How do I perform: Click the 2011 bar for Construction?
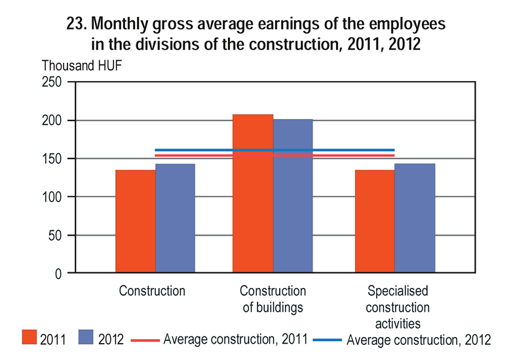point(136,221)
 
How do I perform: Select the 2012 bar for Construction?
point(175,219)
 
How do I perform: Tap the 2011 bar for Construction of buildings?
point(253,194)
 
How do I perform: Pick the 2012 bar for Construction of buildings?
point(293,196)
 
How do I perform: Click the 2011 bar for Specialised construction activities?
point(375,221)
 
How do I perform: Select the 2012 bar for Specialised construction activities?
point(415,219)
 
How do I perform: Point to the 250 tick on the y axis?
point(51,82)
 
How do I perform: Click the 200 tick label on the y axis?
point(51,120)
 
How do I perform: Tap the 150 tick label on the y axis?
point(51,158)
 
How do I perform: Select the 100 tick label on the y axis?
point(51,197)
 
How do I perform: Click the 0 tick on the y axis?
point(58,274)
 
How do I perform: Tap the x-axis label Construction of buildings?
point(273,298)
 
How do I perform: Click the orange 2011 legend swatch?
point(28,338)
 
